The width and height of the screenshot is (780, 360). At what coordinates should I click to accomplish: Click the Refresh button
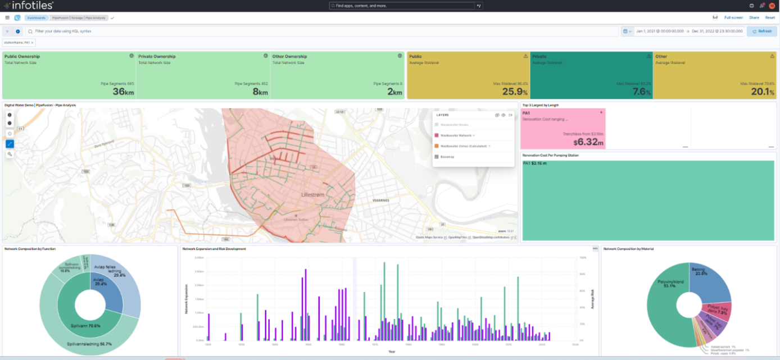(761, 31)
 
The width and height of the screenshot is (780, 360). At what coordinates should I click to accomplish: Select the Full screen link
(733, 18)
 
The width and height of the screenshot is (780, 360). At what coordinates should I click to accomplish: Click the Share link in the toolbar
(754, 18)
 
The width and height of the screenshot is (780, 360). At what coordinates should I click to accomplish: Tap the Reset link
(770, 18)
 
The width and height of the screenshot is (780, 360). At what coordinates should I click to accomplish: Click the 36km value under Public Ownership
(123, 92)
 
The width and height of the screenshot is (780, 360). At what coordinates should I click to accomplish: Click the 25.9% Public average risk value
(514, 92)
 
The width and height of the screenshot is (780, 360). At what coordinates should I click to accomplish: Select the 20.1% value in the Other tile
(761, 92)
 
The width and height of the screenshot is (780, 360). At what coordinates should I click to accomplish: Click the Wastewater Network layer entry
(456, 135)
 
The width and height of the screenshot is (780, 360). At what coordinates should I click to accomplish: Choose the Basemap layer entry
(447, 157)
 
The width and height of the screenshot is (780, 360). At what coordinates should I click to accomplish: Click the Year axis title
(391, 352)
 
